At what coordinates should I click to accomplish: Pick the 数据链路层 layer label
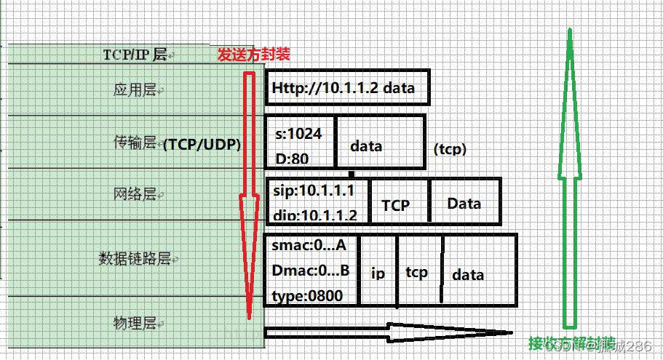[x=135, y=258]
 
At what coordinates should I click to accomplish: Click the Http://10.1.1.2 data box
[x=347, y=89]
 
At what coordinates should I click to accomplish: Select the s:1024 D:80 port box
[x=300, y=142]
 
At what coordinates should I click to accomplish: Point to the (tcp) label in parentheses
[x=450, y=149]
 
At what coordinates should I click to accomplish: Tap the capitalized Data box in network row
[x=465, y=203]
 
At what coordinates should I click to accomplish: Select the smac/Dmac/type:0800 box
[x=311, y=270]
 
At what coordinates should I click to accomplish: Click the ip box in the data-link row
[x=378, y=273]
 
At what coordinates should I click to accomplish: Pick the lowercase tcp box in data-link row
[x=417, y=272]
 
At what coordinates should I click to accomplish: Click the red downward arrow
[x=250, y=189]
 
